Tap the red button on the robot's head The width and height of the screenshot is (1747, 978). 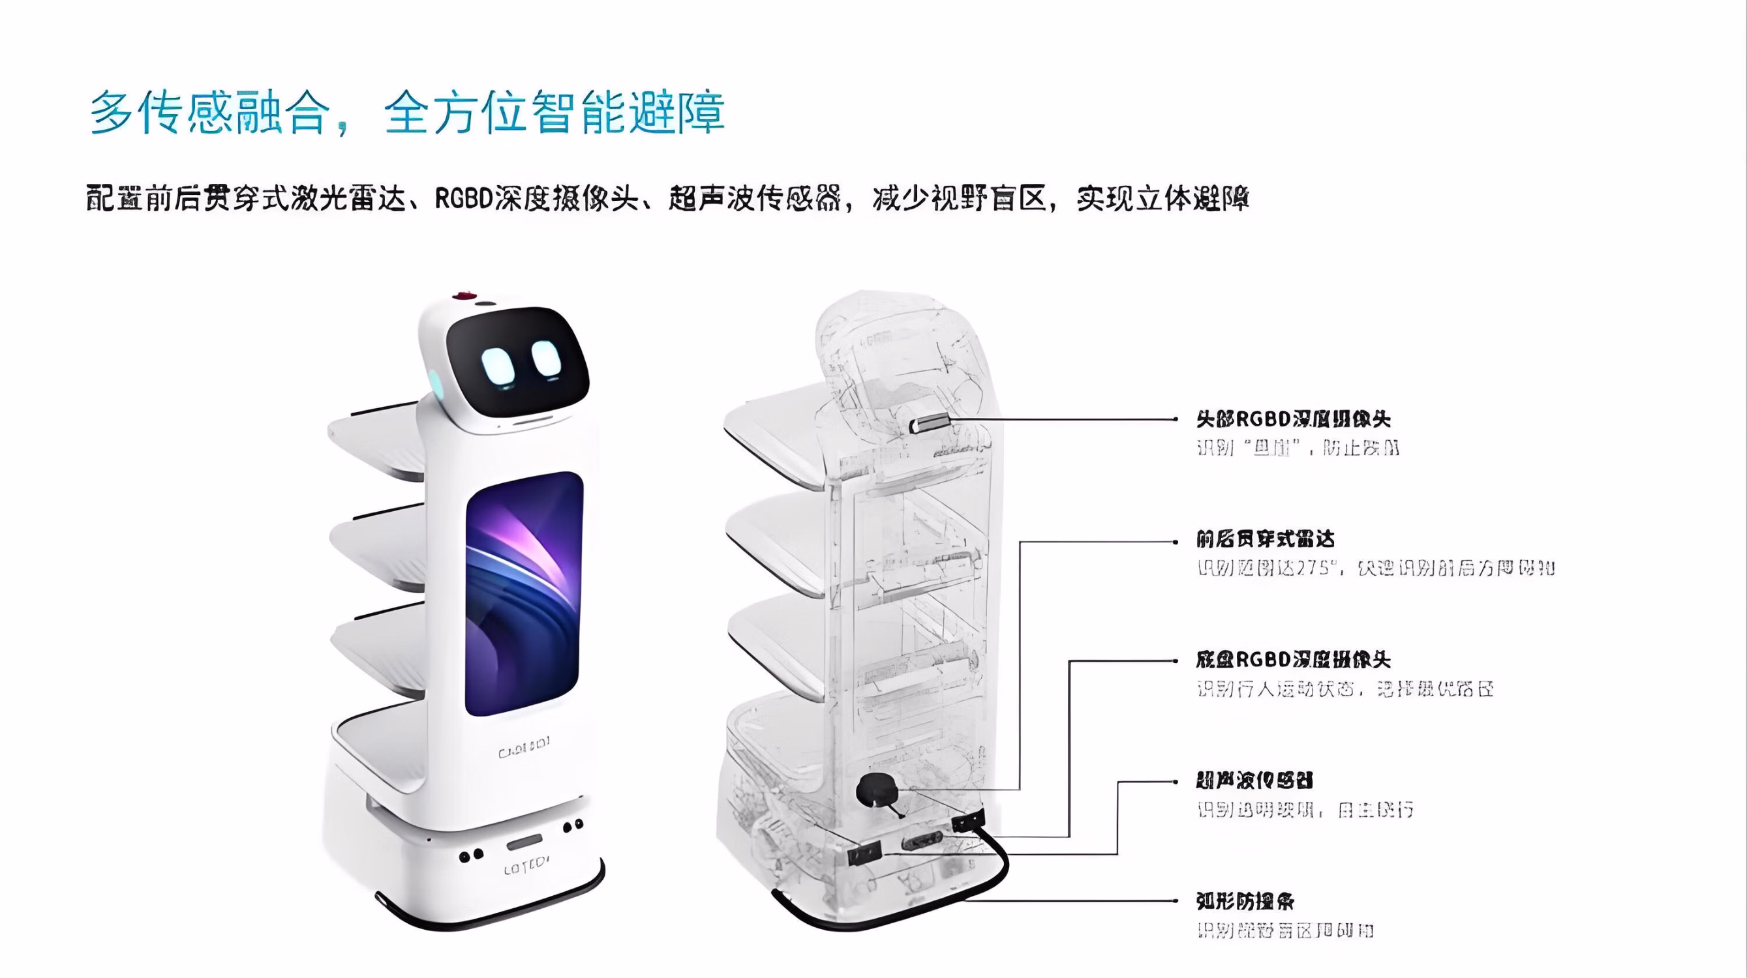[464, 296]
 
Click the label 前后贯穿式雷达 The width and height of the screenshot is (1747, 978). [1266, 539]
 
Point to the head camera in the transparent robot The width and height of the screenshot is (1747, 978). [930, 424]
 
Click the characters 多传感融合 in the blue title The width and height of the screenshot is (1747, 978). [210, 113]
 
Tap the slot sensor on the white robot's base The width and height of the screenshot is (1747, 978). [524, 843]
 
